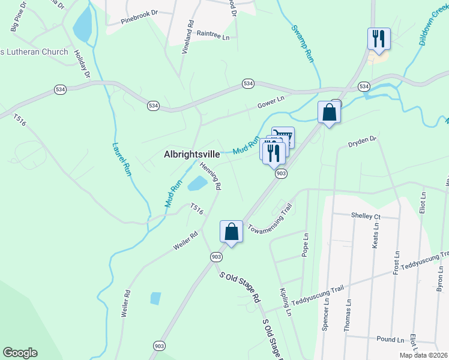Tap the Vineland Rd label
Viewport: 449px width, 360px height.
[188, 38]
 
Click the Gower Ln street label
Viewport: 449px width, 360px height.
[271, 100]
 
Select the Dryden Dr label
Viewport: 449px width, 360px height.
[362, 142]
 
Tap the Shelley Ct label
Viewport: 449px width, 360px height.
[365, 216]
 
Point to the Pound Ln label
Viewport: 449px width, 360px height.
[390, 339]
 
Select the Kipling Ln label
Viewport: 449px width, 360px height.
[285, 302]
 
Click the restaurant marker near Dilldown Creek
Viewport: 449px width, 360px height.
[379, 39]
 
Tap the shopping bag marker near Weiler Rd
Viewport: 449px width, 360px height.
[231, 232]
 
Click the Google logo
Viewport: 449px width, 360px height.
[20, 353]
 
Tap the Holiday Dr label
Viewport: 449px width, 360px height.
[82, 63]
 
